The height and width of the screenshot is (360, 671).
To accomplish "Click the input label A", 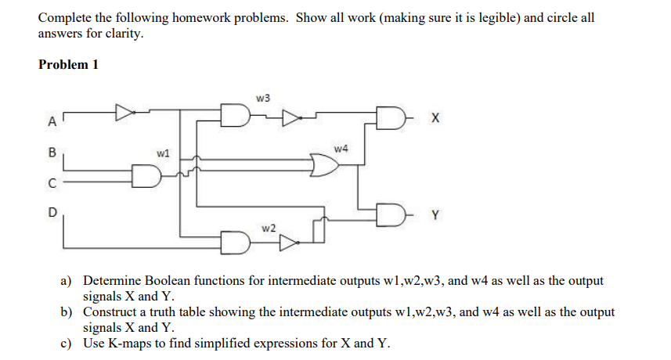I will coord(52,121).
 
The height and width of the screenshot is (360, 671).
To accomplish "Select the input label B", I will coord(52,153).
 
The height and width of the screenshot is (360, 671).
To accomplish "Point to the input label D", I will coord(52,211).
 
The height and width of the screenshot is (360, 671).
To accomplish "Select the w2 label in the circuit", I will coord(269,227).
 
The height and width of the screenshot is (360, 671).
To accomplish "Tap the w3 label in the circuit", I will coord(263,98).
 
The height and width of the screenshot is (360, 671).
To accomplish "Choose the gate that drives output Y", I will coord(392,212).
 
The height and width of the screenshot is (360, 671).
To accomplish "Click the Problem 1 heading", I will coord(68,65).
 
